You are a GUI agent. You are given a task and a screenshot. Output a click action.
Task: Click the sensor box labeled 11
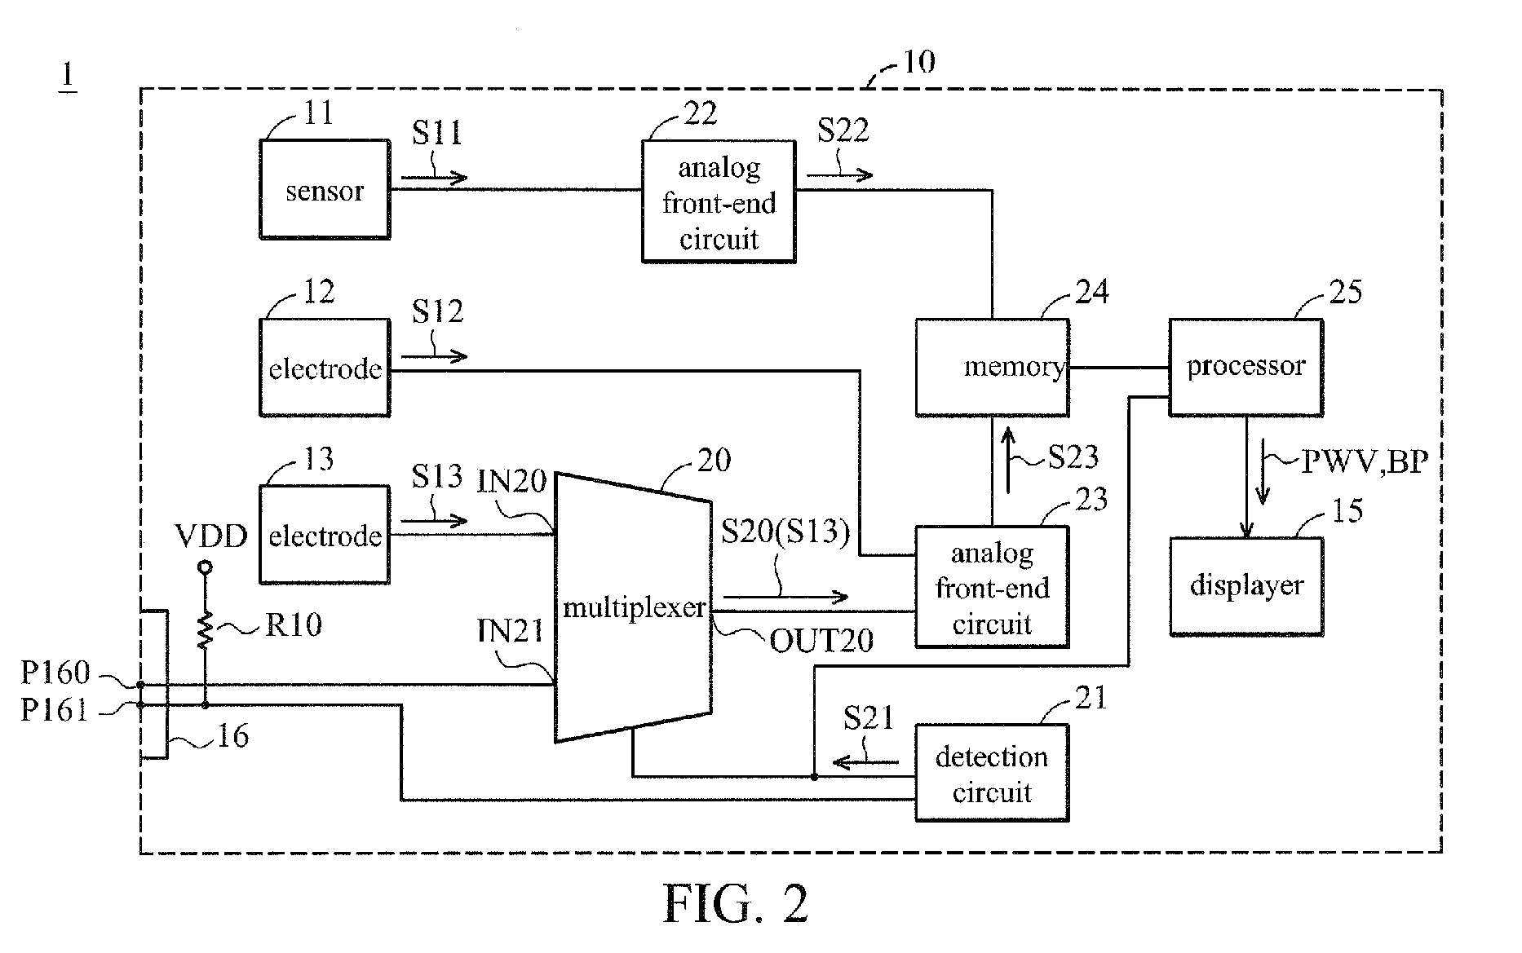[325, 189]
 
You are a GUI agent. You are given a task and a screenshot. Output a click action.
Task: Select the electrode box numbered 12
[325, 368]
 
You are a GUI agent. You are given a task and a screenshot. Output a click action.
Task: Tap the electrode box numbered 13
[325, 535]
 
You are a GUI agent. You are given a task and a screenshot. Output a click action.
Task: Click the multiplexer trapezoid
[633, 607]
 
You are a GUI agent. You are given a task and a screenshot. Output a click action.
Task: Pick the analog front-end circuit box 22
[719, 202]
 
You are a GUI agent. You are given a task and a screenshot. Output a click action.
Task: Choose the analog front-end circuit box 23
[992, 587]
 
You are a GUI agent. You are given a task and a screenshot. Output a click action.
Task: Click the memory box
[992, 367]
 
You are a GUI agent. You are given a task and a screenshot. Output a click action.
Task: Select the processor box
[1245, 367]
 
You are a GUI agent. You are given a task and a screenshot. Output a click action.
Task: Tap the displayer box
[1245, 585]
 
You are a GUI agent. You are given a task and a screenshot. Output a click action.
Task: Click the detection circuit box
[992, 773]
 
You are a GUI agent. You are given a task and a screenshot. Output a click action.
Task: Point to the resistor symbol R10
[205, 630]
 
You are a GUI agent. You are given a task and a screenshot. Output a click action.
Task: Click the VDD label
[211, 536]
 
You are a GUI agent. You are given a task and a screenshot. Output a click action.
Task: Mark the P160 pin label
[55, 673]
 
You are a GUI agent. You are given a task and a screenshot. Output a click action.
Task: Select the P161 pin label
[55, 710]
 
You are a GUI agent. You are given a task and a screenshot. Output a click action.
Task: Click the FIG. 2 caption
[736, 904]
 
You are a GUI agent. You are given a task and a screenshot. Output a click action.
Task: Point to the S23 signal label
[1073, 457]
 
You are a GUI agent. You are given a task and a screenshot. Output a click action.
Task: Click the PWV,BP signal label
[1364, 462]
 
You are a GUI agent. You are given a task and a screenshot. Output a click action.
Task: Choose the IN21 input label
[511, 631]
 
